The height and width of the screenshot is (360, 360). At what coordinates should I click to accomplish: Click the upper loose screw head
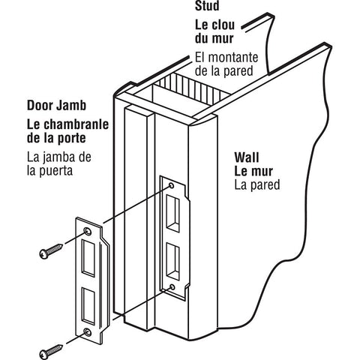(44, 254)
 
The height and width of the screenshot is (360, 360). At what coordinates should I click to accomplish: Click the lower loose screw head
(44, 354)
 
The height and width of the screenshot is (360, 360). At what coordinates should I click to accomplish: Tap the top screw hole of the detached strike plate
(88, 231)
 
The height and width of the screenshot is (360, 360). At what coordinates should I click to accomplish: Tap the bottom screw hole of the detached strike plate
(88, 332)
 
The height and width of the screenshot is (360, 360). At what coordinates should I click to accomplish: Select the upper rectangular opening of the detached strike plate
(88, 258)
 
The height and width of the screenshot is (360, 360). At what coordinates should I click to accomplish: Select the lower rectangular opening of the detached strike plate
(88, 306)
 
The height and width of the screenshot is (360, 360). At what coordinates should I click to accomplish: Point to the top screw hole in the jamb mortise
(172, 185)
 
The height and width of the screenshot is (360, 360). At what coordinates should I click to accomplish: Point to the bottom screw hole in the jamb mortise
(172, 286)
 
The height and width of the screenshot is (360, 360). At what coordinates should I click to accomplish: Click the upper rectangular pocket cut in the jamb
(173, 213)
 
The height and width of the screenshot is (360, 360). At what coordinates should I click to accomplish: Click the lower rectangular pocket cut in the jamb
(173, 261)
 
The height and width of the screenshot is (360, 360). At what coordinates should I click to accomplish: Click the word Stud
(207, 5)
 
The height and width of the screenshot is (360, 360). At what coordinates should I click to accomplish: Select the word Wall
(247, 157)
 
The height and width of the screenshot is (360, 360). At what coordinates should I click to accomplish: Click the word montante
(233, 57)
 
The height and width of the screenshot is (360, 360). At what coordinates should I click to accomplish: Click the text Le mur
(253, 171)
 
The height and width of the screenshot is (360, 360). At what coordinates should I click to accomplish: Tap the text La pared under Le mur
(257, 185)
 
